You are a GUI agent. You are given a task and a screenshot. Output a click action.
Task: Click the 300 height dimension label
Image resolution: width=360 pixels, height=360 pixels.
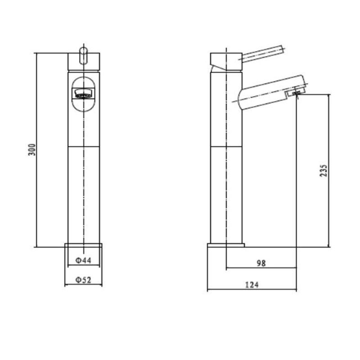[x=32, y=150]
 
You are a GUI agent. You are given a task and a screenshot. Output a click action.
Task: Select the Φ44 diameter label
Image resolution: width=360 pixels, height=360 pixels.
[x=83, y=261]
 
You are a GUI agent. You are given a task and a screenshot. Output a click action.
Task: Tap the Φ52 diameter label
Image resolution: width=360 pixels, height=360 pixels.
[x=83, y=280]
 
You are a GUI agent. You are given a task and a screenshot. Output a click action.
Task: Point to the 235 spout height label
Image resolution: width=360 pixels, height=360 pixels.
[x=323, y=171]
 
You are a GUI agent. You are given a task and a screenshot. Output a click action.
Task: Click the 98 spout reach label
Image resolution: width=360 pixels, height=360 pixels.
[x=261, y=263]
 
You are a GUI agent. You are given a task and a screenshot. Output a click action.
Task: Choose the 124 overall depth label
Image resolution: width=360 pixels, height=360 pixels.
[x=252, y=285]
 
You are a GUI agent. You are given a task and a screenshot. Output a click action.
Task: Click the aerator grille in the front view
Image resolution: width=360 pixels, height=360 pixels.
[x=83, y=94]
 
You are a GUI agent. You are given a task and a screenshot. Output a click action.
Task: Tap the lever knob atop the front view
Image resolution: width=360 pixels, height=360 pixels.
[x=84, y=55]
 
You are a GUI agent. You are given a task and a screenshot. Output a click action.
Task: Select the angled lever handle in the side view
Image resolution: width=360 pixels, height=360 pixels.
[x=262, y=53]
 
